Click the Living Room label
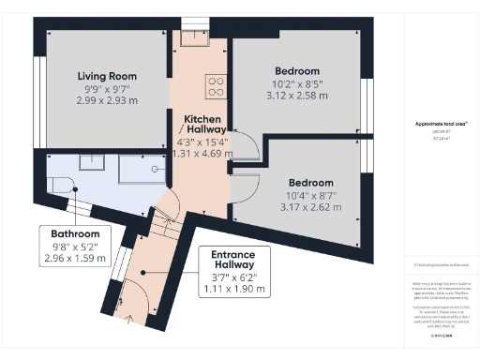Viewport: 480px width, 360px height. coord(106,76)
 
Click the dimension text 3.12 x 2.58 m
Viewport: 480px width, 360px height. coord(296,97)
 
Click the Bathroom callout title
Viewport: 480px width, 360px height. coord(75,233)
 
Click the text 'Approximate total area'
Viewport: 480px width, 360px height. coord(440,124)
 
